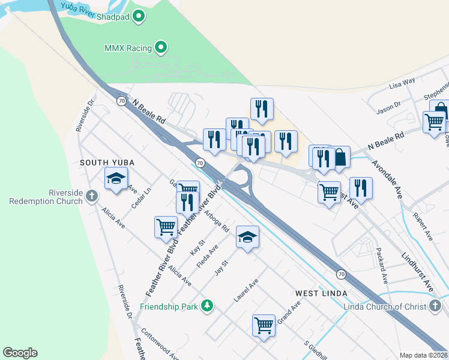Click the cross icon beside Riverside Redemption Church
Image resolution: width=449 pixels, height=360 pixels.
tap(91, 196)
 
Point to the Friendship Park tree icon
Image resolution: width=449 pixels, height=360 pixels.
tap(207, 307)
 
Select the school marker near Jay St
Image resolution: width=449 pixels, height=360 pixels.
tap(247, 237)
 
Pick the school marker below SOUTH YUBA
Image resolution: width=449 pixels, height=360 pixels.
tap(116, 178)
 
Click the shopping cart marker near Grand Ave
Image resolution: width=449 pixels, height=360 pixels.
tap(264, 325)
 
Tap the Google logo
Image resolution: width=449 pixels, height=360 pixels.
tap(20, 353)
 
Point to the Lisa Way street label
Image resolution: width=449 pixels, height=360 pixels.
tap(402, 82)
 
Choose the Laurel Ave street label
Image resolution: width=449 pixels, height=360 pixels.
tap(246, 290)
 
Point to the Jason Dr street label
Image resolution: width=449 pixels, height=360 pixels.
tap(388, 107)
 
